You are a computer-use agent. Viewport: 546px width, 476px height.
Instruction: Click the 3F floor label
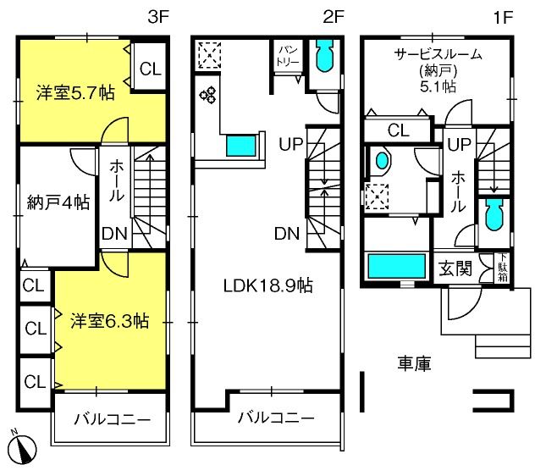(x=158, y=17)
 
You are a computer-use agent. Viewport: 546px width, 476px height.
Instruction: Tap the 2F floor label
(x=334, y=17)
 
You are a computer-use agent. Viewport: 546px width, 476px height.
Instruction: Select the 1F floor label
(x=504, y=17)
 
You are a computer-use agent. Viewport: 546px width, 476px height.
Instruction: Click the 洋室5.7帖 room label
(x=75, y=93)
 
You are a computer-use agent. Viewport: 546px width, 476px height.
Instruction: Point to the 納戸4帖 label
(x=58, y=202)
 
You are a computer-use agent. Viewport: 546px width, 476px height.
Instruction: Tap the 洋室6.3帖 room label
(x=110, y=321)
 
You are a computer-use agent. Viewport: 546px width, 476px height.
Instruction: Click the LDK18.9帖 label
(x=267, y=285)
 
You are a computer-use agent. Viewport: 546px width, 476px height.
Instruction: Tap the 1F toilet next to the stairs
(x=494, y=214)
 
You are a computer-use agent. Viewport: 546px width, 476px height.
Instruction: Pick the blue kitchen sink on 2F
(x=241, y=145)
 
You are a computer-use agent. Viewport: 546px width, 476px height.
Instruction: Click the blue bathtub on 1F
(x=397, y=267)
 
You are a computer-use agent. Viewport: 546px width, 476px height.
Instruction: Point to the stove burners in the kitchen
(x=208, y=95)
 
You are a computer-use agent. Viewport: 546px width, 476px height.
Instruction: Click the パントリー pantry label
(x=288, y=56)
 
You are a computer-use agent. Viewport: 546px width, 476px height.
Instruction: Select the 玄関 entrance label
(x=455, y=268)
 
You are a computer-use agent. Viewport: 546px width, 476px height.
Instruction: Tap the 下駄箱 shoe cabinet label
(x=503, y=268)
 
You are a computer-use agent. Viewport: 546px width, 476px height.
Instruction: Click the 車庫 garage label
(x=415, y=363)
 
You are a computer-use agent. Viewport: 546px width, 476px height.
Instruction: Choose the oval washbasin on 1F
(x=382, y=160)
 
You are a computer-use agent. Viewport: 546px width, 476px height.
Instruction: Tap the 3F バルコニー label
(x=113, y=419)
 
